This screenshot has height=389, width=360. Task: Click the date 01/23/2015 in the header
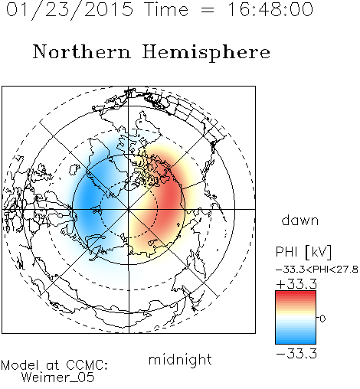click(x=70, y=10)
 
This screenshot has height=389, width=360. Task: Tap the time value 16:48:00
click(x=270, y=9)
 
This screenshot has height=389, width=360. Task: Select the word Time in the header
click(x=166, y=9)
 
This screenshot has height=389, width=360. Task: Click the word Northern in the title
click(x=82, y=51)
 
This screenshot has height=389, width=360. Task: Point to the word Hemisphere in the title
click(x=206, y=53)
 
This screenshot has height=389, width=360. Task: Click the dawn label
click(x=300, y=220)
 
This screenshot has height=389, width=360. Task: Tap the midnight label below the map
click(x=180, y=360)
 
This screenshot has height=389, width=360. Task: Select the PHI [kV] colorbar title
click(x=303, y=252)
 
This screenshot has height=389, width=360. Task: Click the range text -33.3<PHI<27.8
click(x=317, y=270)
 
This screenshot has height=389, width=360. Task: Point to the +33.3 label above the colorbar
click(x=296, y=284)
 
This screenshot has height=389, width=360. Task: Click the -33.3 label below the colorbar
click(x=296, y=354)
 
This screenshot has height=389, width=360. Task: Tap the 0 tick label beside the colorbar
click(x=322, y=319)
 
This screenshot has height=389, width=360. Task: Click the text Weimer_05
click(x=58, y=378)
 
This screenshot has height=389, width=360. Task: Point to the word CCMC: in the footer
click(x=87, y=365)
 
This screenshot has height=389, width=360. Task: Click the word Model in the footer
click(x=20, y=365)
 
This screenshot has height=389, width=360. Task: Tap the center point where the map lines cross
click(x=129, y=209)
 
